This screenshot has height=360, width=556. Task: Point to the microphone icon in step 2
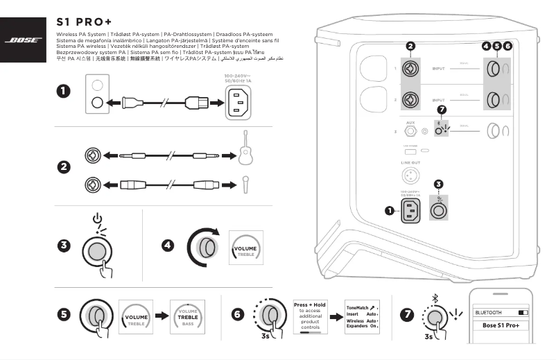(x=245, y=185)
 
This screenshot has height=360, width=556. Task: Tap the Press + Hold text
(x=310, y=305)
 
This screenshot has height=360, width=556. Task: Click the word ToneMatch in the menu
(x=358, y=307)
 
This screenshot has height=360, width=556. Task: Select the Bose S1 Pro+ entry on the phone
(x=501, y=325)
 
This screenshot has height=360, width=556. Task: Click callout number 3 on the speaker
(x=437, y=184)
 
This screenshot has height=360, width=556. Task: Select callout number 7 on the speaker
(x=442, y=110)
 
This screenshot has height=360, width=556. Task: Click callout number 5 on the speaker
(x=496, y=46)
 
